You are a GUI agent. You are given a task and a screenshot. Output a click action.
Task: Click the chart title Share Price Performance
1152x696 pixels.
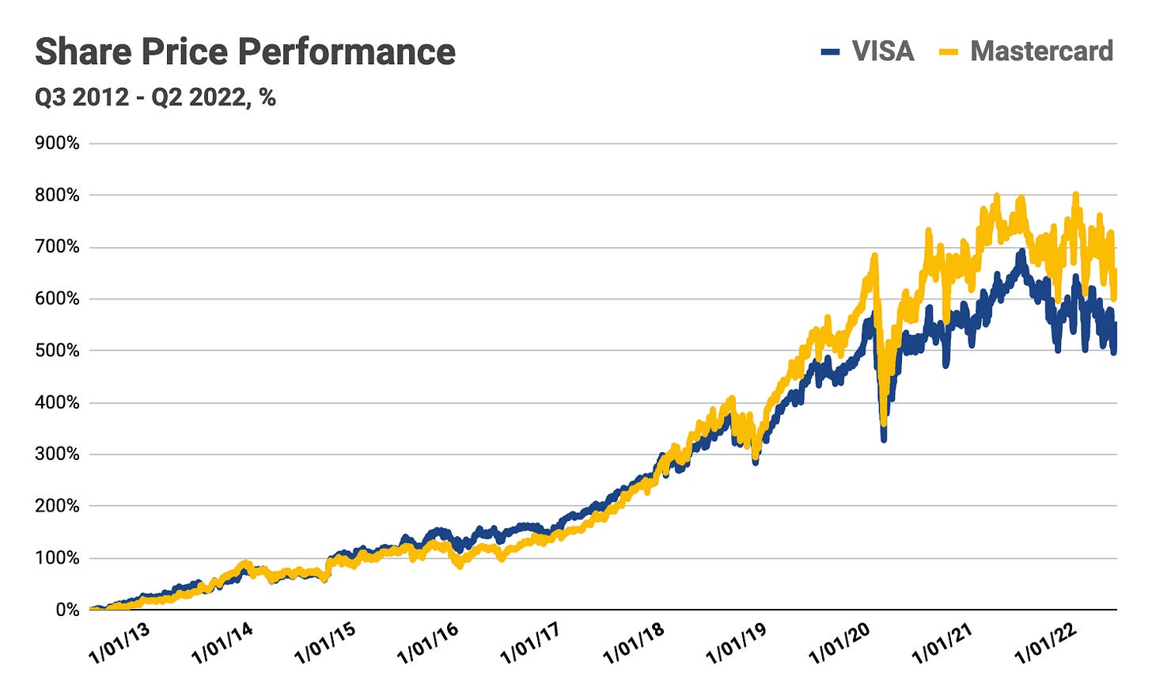coord(245,52)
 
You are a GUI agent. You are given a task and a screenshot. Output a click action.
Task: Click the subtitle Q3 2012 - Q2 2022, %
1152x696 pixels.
coord(155,97)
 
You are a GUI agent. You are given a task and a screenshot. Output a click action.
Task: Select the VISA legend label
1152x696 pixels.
coord(883,51)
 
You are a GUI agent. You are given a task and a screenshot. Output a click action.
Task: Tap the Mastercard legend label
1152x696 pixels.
coord(1041,51)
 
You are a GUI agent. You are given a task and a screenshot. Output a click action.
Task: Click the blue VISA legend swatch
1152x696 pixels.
coord(830,52)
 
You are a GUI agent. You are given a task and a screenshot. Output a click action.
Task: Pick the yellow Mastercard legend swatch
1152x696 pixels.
coord(948,52)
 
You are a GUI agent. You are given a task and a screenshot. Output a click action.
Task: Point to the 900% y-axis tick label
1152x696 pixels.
coord(57,143)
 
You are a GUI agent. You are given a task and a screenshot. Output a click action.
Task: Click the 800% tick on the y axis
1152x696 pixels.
coord(57,195)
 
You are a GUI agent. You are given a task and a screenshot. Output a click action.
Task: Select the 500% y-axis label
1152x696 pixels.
coord(57,351)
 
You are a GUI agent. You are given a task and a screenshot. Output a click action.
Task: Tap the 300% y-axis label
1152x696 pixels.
coord(57,454)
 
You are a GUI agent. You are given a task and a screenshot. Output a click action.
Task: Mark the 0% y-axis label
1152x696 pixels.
coord(66,610)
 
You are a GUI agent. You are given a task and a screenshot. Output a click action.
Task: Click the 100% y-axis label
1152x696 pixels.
coord(57,558)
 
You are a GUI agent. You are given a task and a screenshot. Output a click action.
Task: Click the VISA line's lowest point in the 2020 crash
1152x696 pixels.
coord(884,438)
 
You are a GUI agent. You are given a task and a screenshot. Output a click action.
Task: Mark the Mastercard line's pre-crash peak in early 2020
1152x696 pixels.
coord(874,256)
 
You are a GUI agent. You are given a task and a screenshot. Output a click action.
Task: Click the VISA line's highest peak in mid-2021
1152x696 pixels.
coord(1021,253)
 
